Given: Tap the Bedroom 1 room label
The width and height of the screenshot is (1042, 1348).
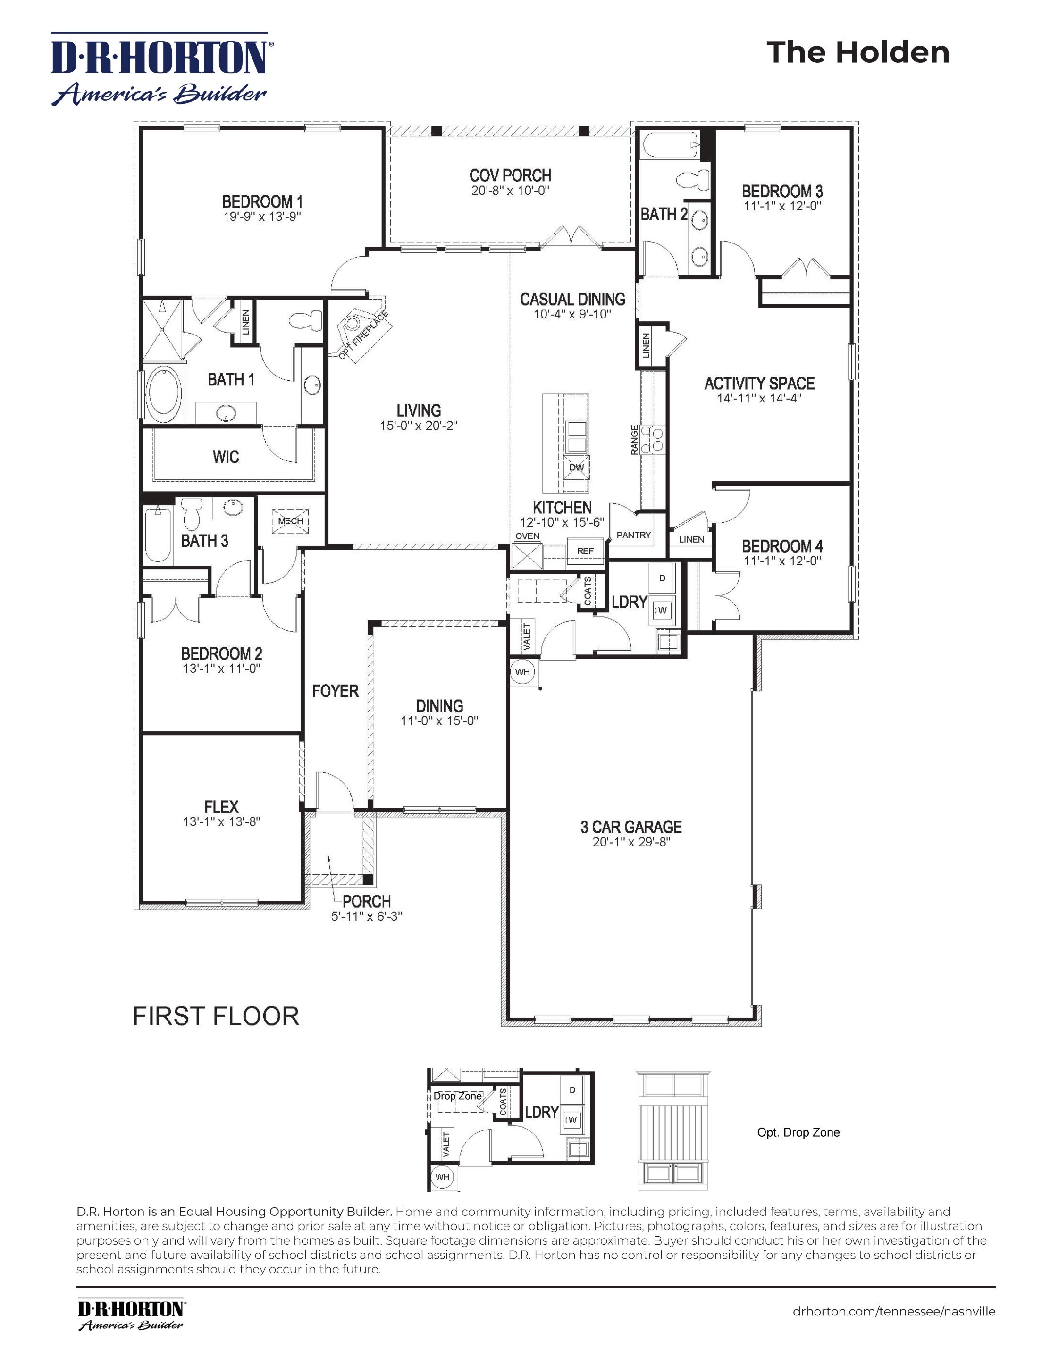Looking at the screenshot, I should [x=262, y=202].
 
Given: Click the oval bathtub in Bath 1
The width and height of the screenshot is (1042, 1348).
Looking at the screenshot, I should [x=164, y=394].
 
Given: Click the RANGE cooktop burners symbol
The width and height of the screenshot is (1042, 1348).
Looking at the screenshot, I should [x=653, y=439].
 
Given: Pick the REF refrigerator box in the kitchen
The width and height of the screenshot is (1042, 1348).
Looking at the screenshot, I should [x=585, y=551].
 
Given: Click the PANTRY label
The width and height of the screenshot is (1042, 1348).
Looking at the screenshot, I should [x=634, y=535].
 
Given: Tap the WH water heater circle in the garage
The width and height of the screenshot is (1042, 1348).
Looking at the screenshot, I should [x=523, y=671].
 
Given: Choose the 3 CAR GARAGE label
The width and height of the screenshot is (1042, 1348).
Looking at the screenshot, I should [x=631, y=827].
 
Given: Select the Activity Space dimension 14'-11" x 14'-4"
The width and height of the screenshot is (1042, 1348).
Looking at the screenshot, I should [x=759, y=399].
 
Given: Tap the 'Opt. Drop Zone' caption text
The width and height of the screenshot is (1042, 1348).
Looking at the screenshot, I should [x=798, y=1132].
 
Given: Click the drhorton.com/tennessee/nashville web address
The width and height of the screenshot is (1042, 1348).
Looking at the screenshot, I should [x=894, y=1306].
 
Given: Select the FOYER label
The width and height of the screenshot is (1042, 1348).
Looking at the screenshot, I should [x=335, y=691].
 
